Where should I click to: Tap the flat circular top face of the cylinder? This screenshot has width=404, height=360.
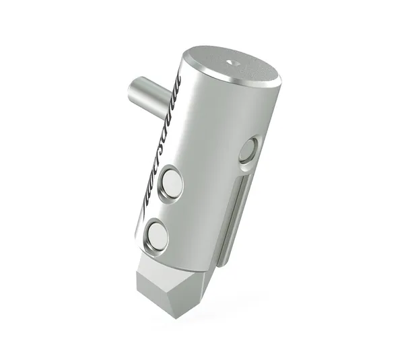(236, 67)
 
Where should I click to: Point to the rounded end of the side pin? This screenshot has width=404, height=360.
(133, 88)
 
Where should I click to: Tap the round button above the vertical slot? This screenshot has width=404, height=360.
(248, 149)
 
